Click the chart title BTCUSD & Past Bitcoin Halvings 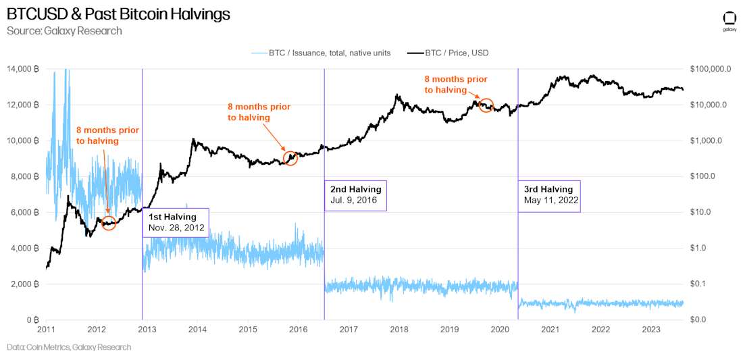[x=118, y=14]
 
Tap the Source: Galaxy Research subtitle [x=64, y=31]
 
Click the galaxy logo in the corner [x=729, y=20]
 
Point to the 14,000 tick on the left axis [x=22, y=69]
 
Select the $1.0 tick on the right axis [x=700, y=248]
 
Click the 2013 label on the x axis [x=147, y=330]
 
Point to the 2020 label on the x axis [x=500, y=330]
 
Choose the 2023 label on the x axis [x=650, y=330]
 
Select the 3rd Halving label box [x=548, y=195]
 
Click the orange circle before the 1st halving [x=109, y=223]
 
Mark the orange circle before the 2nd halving [x=290, y=158]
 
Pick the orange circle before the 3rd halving [x=486, y=105]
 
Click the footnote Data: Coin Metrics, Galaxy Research [x=69, y=347]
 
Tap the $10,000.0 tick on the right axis [x=709, y=105]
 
